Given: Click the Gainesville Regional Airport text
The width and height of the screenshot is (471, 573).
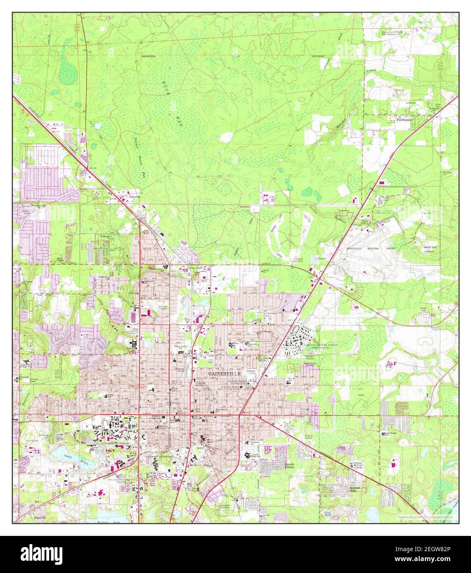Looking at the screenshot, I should click(x=372, y=249).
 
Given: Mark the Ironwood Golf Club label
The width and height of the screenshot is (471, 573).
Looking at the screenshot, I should click(x=296, y=260).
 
